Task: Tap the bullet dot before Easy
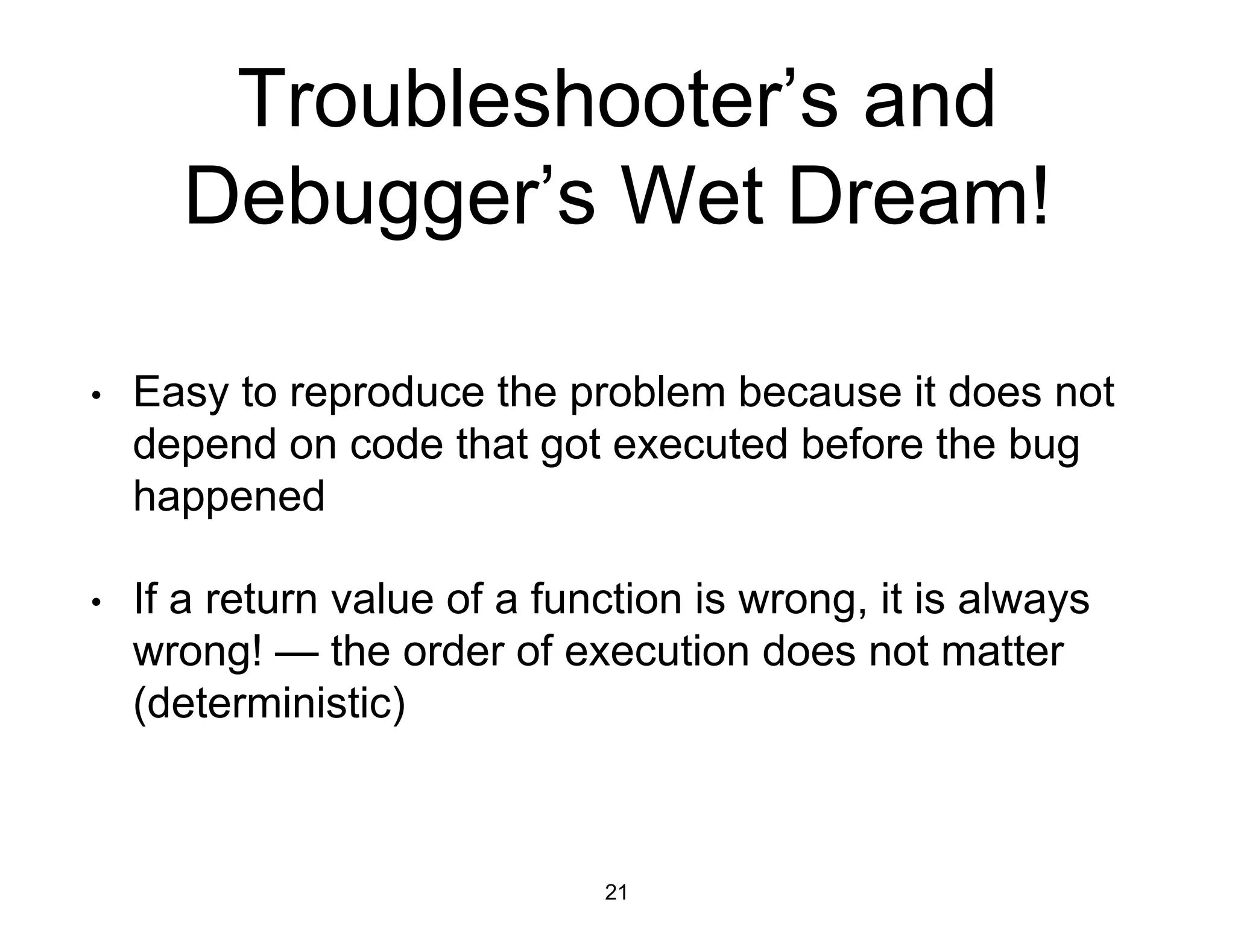[95, 396]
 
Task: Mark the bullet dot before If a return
[95, 602]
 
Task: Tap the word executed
[699, 445]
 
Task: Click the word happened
[229, 497]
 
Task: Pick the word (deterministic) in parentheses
[269, 704]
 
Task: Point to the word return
[261, 600]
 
